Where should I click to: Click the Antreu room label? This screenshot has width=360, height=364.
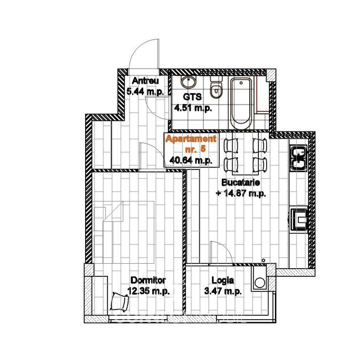point(145,81)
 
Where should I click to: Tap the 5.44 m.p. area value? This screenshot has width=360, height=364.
point(145,91)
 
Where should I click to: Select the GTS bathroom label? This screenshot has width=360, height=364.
point(192,97)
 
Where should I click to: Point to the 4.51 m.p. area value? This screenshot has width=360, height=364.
point(193,108)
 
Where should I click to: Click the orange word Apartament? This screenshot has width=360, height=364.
point(191,139)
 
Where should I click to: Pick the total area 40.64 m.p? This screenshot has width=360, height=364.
point(191,160)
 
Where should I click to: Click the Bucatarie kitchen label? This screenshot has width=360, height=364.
point(241,182)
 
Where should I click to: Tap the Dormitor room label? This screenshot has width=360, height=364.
point(148,280)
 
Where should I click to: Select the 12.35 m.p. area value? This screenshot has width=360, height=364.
point(148,291)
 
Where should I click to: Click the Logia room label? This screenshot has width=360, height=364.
point(223,280)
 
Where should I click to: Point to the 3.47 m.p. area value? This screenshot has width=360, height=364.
point(223,291)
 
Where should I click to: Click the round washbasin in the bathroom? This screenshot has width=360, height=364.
point(188,82)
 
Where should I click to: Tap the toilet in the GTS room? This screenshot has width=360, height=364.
point(216,87)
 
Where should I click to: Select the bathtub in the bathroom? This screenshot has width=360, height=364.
point(241,104)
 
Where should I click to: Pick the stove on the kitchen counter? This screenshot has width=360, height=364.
point(299,219)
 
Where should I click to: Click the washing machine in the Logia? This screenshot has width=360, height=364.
point(259,278)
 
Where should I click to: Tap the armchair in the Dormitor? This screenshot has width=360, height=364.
point(120,302)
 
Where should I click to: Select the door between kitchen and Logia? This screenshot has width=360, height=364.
point(221,253)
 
